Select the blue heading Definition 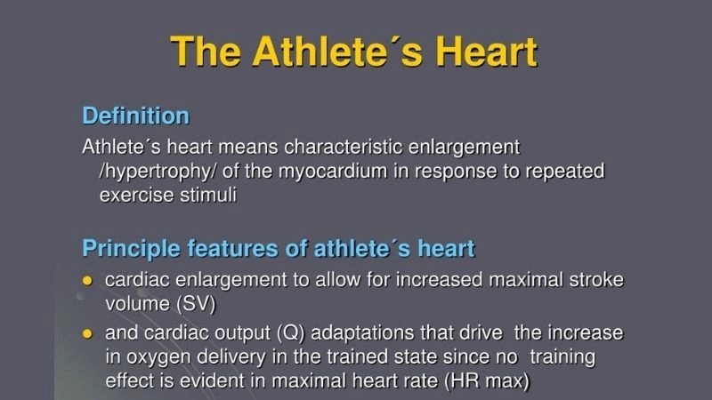pyautogui.click(x=135, y=116)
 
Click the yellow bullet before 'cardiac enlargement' pyautogui.click(x=87, y=281)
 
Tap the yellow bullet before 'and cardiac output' pyautogui.click(x=87, y=334)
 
